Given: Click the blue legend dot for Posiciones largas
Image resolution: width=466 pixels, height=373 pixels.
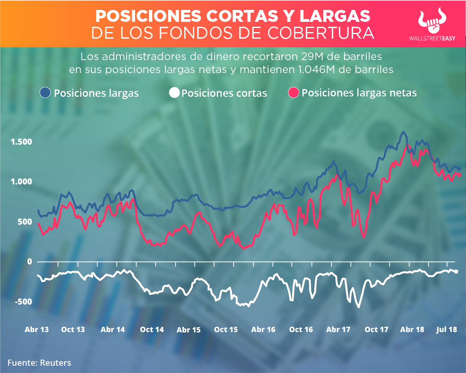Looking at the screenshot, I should pyautogui.click(x=45, y=93).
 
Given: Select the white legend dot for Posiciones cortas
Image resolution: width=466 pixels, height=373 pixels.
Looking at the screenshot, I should pyautogui.click(x=174, y=93).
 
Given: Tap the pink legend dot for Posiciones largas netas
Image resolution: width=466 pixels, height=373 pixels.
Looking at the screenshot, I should pyautogui.click(x=294, y=93).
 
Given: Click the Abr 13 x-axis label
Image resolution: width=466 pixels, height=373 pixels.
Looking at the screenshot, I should pyautogui.click(x=37, y=329).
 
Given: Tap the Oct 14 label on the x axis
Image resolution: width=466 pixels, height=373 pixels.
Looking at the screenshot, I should pyautogui.click(x=152, y=329).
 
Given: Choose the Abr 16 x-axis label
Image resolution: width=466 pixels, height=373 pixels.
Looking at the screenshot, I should pyautogui.click(x=263, y=329).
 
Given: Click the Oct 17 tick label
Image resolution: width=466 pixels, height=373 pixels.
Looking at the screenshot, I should pyautogui.click(x=377, y=329).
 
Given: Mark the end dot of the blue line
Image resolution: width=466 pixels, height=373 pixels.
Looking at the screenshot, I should pyautogui.click(x=459, y=169).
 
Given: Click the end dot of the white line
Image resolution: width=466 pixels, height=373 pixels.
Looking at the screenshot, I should pyautogui.click(x=456, y=272).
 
